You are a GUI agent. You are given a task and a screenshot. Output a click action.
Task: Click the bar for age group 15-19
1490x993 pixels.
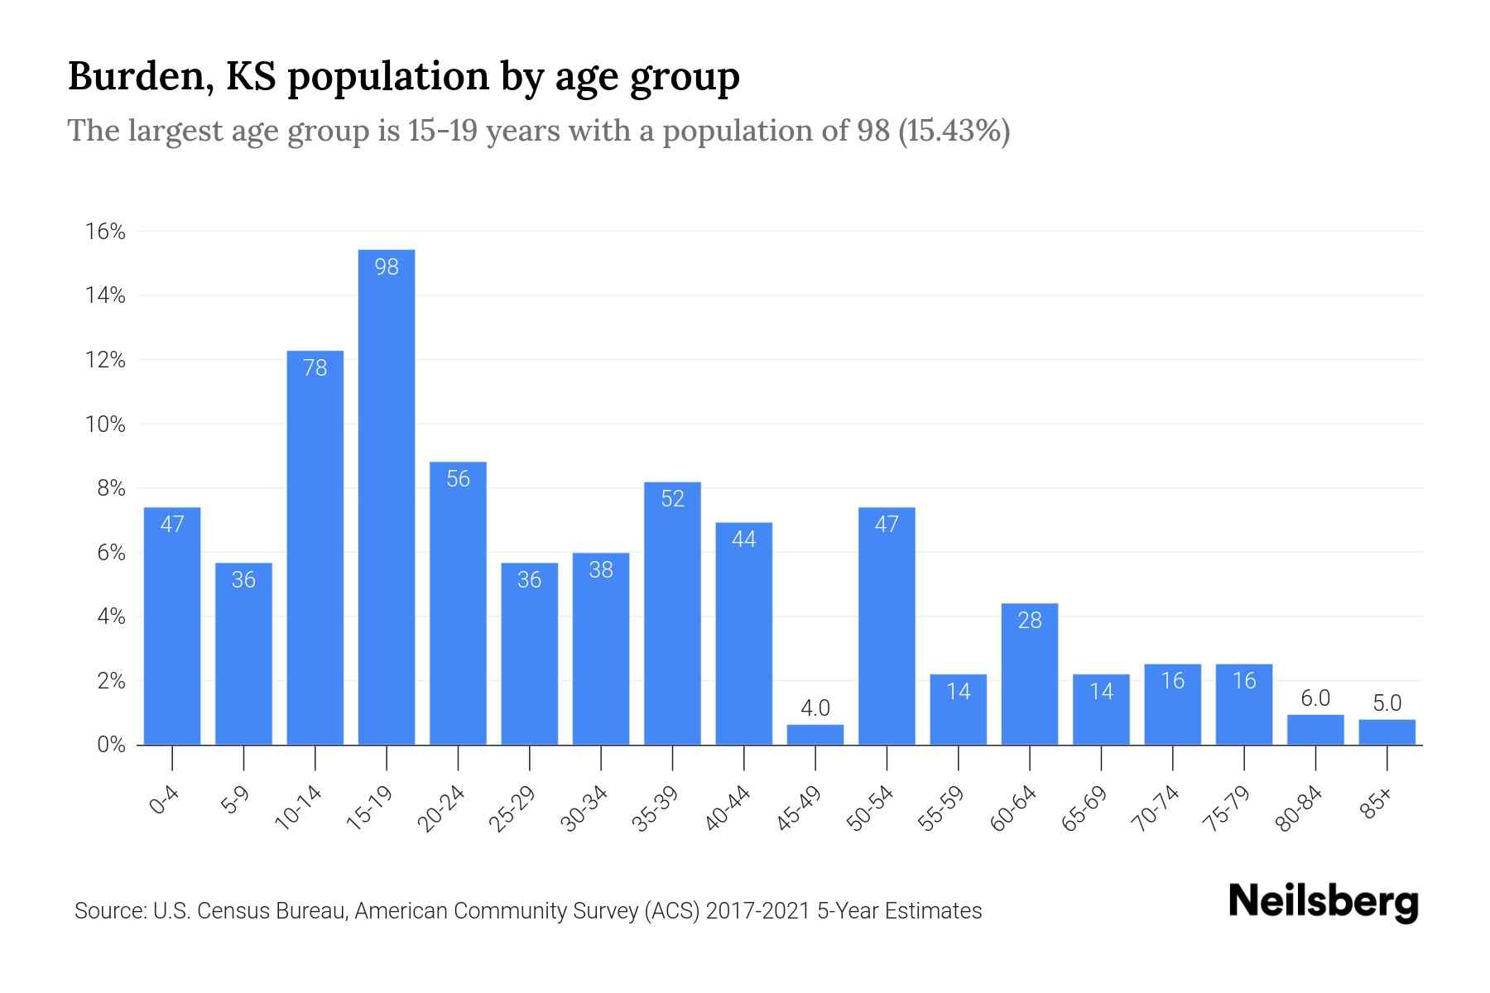pos(387,496)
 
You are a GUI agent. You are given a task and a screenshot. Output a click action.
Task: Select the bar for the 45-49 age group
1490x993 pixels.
pos(815,735)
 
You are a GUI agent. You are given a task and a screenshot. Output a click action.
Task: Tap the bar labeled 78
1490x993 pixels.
pos(315,546)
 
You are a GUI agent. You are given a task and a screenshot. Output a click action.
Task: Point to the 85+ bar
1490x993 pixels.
pos(1387,732)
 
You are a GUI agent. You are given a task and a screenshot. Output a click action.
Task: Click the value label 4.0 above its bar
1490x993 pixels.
pos(815,708)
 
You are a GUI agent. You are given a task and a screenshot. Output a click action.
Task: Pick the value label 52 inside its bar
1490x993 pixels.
pos(673,499)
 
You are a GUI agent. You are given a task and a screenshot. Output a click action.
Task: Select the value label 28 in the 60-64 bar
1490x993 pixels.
pos(1030,621)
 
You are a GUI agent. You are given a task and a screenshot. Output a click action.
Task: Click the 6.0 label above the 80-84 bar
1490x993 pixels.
pos(1315,698)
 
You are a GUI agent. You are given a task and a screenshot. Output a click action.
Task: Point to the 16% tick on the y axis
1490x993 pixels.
pos(105,232)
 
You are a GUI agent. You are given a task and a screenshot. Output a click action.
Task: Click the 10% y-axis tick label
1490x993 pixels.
pos(105,425)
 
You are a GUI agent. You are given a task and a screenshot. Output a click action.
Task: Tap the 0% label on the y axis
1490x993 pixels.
pos(111,745)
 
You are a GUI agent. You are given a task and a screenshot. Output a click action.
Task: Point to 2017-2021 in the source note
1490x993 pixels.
pos(758,911)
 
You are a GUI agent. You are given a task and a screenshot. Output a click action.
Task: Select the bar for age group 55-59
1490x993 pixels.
pos(959,710)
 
